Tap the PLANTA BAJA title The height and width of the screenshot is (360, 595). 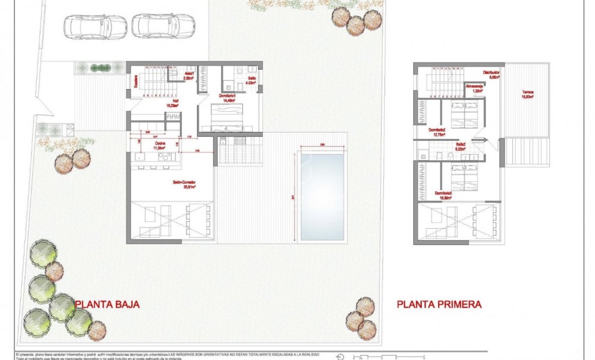[107, 304]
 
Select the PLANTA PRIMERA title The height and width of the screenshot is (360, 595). [439, 304]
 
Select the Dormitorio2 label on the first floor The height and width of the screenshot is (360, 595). [437, 132]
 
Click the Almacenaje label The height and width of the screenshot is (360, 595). [474, 87]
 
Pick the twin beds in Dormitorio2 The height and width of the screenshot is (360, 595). [465, 114]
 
